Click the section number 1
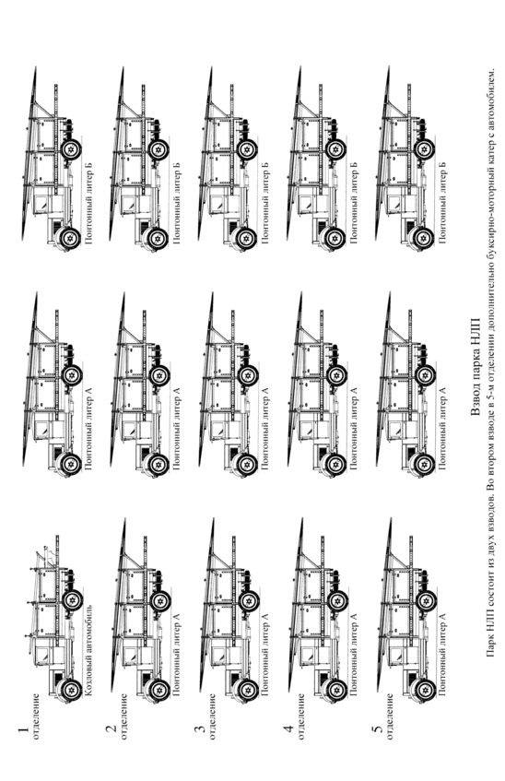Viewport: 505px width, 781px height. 22,730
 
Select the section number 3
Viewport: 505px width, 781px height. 199,729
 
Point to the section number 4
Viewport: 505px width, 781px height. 288,728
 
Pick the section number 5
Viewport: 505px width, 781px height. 378,729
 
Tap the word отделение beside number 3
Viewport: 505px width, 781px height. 213,716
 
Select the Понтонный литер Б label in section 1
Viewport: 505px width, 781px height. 88,203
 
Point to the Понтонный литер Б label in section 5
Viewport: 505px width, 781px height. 442,203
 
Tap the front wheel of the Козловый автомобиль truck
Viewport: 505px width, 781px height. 70,690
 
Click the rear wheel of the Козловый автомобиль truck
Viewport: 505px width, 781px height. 73,600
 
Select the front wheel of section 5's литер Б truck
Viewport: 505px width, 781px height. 424,238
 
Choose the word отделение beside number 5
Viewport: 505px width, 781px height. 390,716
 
